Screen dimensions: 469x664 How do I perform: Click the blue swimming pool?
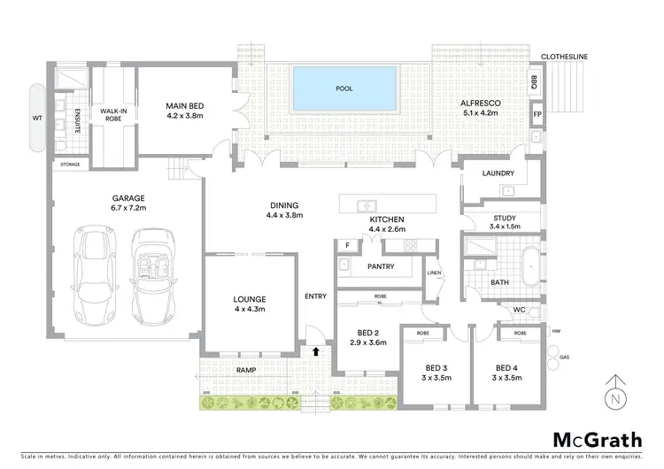click(x=344, y=88)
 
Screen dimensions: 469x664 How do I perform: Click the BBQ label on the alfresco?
click(x=534, y=82)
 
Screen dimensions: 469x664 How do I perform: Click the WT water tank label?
click(x=36, y=117)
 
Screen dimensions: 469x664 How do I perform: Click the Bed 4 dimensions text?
click(x=506, y=378)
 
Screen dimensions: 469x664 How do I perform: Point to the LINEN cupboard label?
click(x=434, y=273)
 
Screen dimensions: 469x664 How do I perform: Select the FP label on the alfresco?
click(x=537, y=115)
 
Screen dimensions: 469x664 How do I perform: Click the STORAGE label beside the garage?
click(x=70, y=165)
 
